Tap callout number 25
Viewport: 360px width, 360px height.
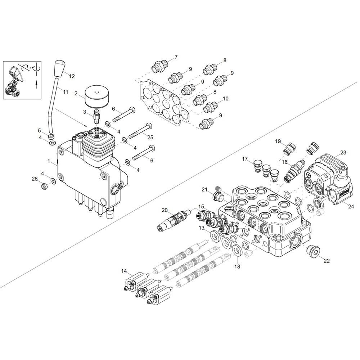point(150,137)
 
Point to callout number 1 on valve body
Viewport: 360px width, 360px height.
point(49,161)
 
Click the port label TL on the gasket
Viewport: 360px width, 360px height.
point(143,98)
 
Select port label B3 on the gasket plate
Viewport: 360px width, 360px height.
point(150,84)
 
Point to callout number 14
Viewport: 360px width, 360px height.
point(124,271)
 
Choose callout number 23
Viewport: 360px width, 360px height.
point(343,152)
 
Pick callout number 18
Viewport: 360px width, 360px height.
point(237,266)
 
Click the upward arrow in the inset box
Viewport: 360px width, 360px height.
point(36,85)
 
